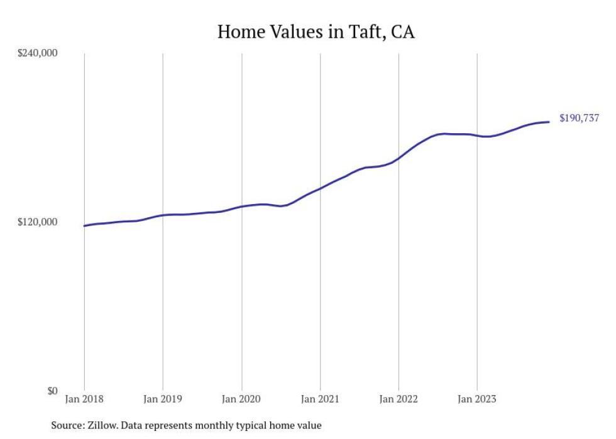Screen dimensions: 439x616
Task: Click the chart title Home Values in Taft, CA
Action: pyautogui.click(x=316, y=32)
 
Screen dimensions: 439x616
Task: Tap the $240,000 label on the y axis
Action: pyautogui.click(x=36, y=53)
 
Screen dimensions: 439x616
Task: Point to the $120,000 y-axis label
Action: pyautogui.click(x=36, y=222)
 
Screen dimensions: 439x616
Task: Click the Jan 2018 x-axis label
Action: pyautogui.click(x=84, y=399)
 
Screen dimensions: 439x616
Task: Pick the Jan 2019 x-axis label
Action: pyautogui.click(x=163, y=399)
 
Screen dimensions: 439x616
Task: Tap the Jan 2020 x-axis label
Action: pyautogui.click(x=241, y=399)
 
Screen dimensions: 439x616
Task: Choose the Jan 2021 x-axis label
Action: pyautogui.click(x=320, y=399)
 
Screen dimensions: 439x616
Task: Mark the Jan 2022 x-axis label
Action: pyautogui.click(x=399, y=399)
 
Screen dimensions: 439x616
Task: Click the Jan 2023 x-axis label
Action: pyautogui.click(x=477, y=399)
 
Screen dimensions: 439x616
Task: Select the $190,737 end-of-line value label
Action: pyautogui.click(x=579, y=118)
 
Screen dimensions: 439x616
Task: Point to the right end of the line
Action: pyautogui.click(x=549, y=122)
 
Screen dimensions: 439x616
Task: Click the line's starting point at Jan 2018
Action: pyautogui.click(x=84, y=226)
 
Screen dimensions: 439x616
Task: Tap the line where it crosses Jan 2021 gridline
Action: pyautogui.click(x=320, y=188)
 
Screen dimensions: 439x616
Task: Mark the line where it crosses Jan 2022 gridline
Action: pyautogui.click(x=399, y=158)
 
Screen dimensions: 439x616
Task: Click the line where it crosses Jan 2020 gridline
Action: pyautogui.click(x=241, y=207)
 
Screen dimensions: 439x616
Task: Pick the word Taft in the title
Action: pyautogui.click(x=364, y=32)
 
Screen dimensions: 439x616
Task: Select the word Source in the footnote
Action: pyautogui.click(x=67, y=426)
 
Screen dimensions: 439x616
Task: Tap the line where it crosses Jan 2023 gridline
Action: pyautogui.click(x=477, y=135)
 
